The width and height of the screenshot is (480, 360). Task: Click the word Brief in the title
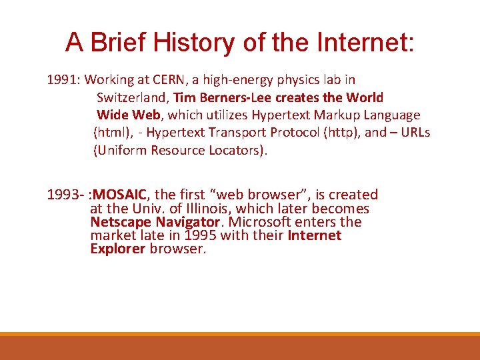pyautogui.click(x=117, y=43)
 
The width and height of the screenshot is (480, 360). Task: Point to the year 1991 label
pyautogui.click(x=61, y=80)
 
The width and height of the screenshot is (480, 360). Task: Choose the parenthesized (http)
pyautogui.click(x=341, y=132)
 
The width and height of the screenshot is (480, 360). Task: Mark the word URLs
pyautogui.click(x=415, y=132)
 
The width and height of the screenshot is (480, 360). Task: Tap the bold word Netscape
pyautogui.click(x=121, y=222)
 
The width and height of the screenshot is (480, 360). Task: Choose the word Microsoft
pyautogui.click(x=261, y=222)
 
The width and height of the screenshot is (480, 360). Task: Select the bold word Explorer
pyautogui.click(x=117, y=249)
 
